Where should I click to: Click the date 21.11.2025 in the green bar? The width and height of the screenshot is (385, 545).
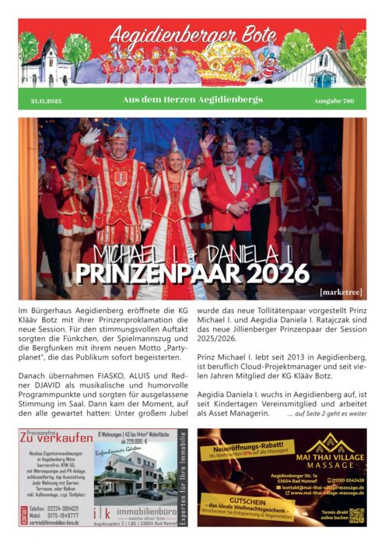coord(46,100)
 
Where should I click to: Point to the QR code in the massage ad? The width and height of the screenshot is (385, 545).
coord(357,515)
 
